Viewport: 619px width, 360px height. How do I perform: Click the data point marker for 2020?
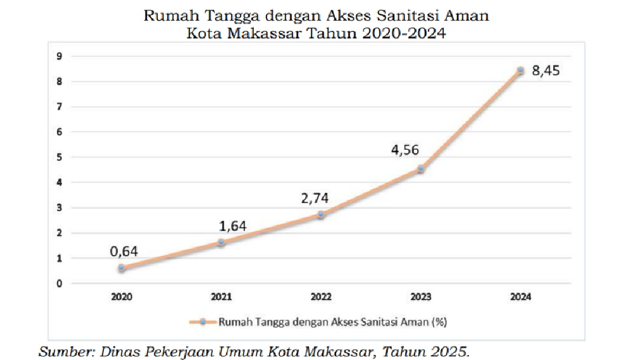click(x=122, y=268)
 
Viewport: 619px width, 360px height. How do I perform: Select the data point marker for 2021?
click(x=221, y=242)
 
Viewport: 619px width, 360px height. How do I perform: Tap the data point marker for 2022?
click(x=321, y=214)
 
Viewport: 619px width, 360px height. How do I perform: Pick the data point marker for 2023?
click(x=421, y=169)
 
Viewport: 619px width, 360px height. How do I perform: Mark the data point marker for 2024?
click(x=520, y=71)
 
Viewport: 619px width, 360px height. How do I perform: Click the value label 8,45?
click(x=546, y=71)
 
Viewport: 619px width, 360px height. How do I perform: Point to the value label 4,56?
click(x=405, y=150)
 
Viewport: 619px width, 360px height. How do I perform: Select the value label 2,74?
click(x=314, y=197)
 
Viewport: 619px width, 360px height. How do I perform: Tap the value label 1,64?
click(x=233, y=226)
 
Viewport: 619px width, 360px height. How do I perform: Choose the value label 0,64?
click(x=124, y=251)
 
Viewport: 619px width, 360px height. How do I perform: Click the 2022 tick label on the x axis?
click(x=321, y=297)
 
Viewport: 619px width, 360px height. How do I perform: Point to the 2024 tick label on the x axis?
click(x=520, y=297)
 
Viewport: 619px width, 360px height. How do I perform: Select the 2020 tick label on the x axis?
click(x=122, y=297)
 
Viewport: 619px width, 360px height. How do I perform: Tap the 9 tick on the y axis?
click(x=59, y=56)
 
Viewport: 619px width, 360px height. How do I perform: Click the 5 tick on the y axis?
click(x=59, y=157)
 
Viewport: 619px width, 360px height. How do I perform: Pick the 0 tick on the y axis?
click(x=59, y=283)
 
